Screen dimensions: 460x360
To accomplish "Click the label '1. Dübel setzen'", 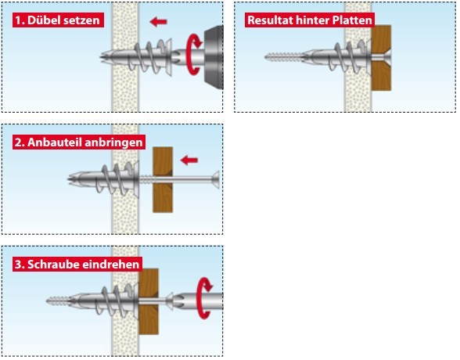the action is pos(58,20).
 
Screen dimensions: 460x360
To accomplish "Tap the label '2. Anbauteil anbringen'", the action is pos(79,142).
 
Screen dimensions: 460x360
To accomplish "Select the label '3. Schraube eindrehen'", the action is pos(77,265).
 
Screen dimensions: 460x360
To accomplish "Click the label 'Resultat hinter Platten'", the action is pos(310,20).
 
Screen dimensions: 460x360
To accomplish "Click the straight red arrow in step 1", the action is pos(158,21).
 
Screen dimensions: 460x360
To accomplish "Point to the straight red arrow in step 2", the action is pos(189,160).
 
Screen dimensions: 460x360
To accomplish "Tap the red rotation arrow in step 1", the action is pos(194,54).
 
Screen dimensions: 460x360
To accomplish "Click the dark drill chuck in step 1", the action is pos(214,57).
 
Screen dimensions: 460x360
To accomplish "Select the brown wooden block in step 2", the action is pos(163,179).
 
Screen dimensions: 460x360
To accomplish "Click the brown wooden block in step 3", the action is pos(149,301).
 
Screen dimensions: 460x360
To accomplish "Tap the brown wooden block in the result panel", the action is pos(381,58).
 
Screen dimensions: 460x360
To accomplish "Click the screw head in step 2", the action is pos(216,179).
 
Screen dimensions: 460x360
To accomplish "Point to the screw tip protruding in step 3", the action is pos(58,301).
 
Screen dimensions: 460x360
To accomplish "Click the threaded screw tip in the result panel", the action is pos(283,57).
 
